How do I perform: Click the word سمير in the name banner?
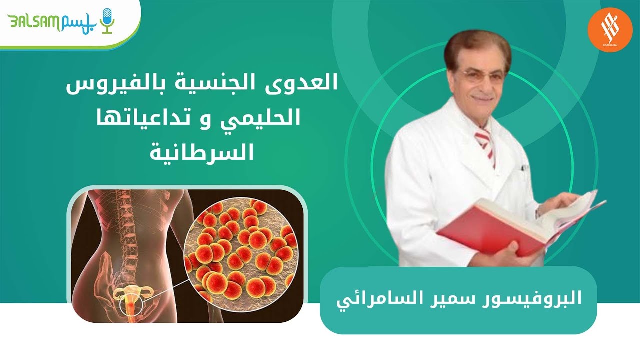tap(453, 299)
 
